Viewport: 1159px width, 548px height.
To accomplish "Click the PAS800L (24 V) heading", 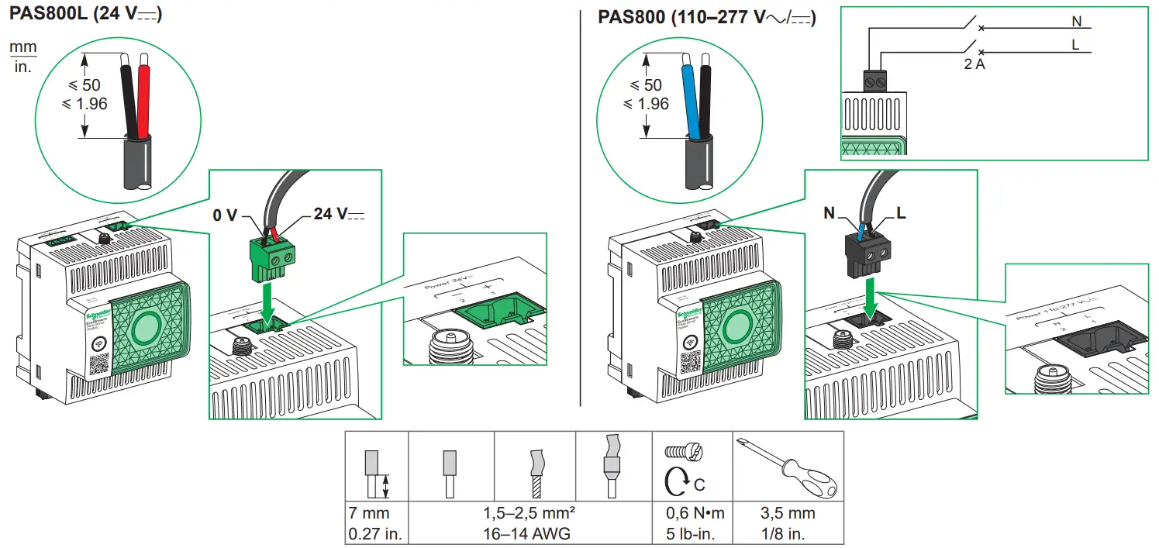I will [x=85, y=15].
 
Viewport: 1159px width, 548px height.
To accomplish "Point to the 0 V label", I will [x=225, y=215].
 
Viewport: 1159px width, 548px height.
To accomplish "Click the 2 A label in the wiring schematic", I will [x=974, y=65].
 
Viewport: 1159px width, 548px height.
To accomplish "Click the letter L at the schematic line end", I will [x=1075, y=44].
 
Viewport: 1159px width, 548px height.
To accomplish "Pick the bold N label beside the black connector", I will [x=830, y=213].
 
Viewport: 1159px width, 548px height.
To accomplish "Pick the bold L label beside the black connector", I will [x=901, y=212].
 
